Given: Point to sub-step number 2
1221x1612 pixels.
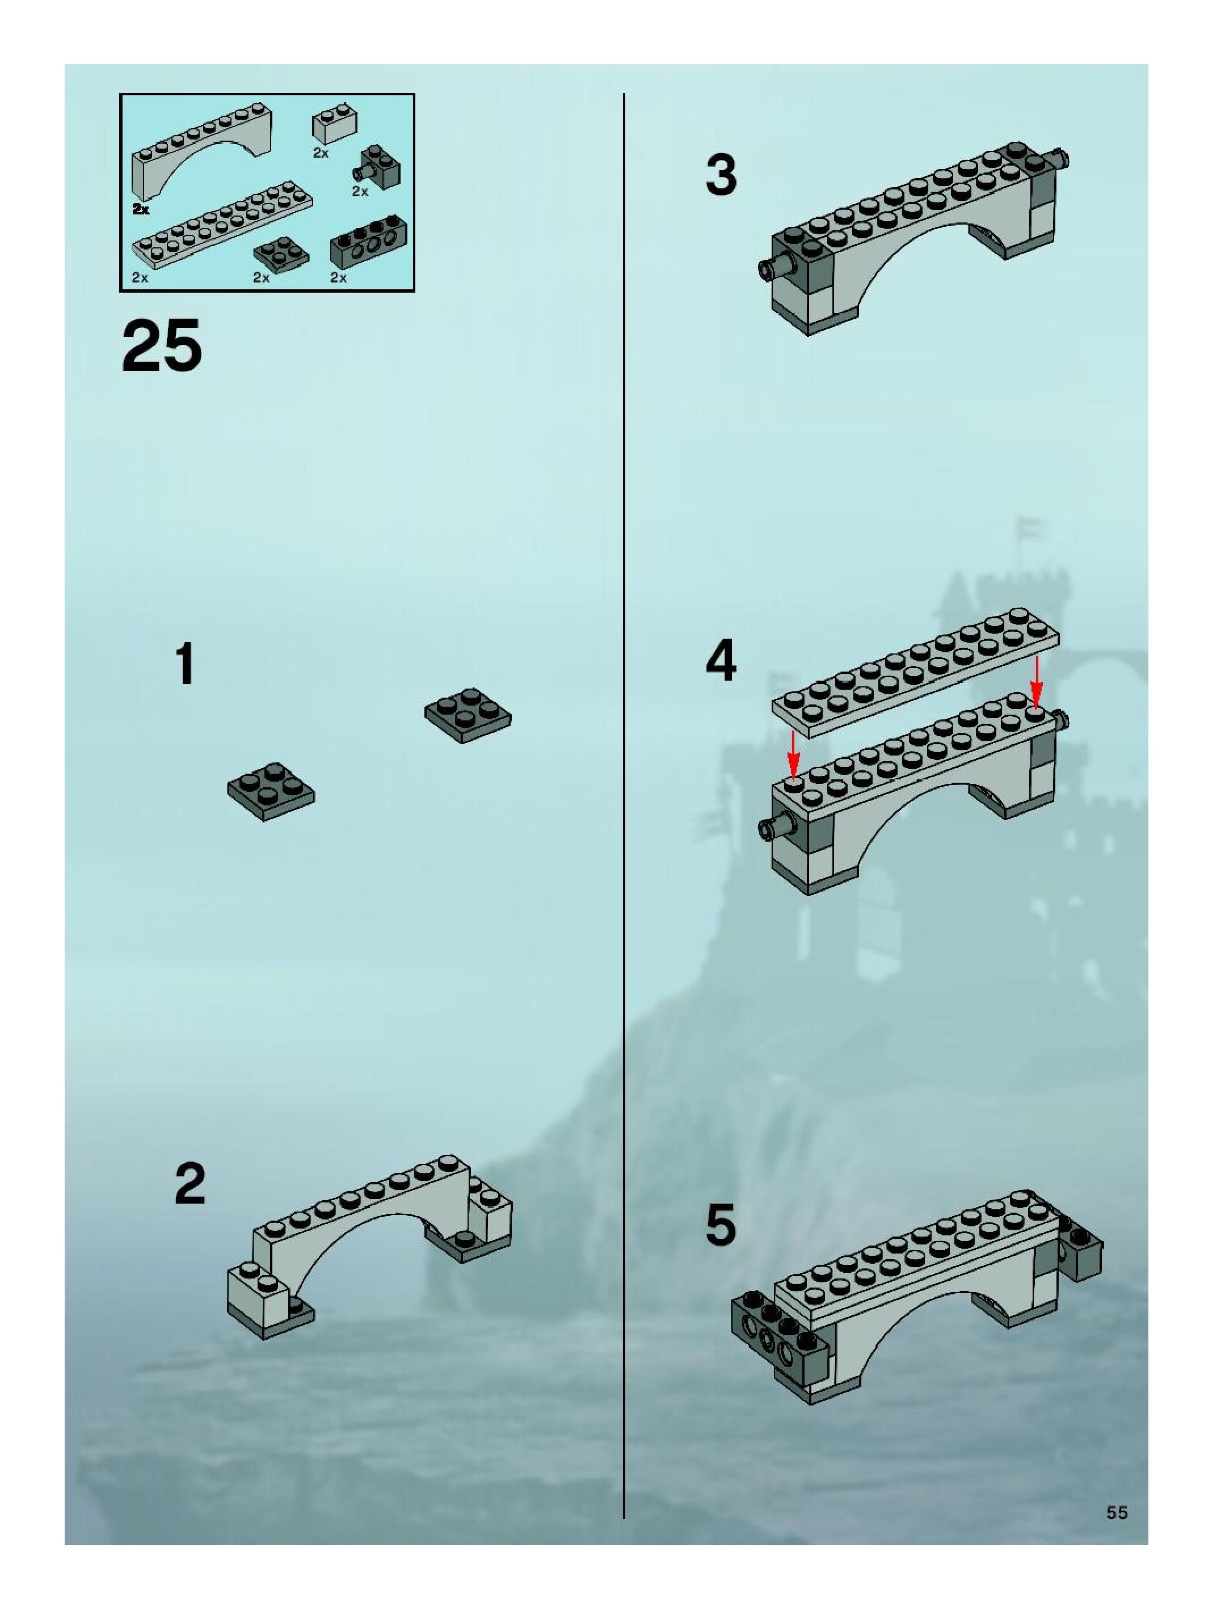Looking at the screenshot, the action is (190, 1184).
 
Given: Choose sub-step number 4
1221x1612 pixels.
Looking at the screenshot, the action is (721, 660).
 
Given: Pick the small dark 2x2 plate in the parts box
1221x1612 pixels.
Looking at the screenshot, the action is (281, 253).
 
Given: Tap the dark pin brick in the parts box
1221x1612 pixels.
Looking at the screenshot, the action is (377, 166).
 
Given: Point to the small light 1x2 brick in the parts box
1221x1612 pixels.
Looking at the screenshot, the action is (335, 125).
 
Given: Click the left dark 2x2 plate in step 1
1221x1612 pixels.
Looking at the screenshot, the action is (271, 791).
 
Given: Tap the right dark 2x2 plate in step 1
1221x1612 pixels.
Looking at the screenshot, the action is (468, 715).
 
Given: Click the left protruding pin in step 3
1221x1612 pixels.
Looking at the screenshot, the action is (776, 266).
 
